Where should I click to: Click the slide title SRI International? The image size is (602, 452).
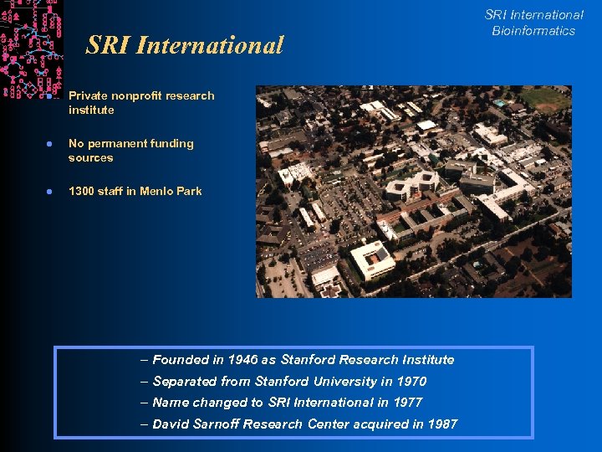click(x=185, y=45)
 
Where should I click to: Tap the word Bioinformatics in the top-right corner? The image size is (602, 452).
click(x=533, y=31)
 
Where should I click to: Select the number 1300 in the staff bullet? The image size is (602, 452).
click(x=82, y=192)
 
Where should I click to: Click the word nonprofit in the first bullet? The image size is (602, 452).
click(x=134, y=96)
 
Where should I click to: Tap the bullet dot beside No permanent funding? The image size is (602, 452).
click(x=49, y=144)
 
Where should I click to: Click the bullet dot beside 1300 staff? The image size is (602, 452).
click(x=49, y=192)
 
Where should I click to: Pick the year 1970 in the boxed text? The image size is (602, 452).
click(x=411, y=382)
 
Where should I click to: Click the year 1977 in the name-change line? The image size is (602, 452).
click(x=406, y=403)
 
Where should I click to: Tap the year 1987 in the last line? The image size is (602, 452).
click(x=442, y=424)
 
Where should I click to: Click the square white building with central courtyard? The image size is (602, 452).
click(x=372, y=259)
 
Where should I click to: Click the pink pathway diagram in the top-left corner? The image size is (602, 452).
click(x=31, y=46)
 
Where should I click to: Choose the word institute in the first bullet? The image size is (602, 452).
click(x=91, y=110)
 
